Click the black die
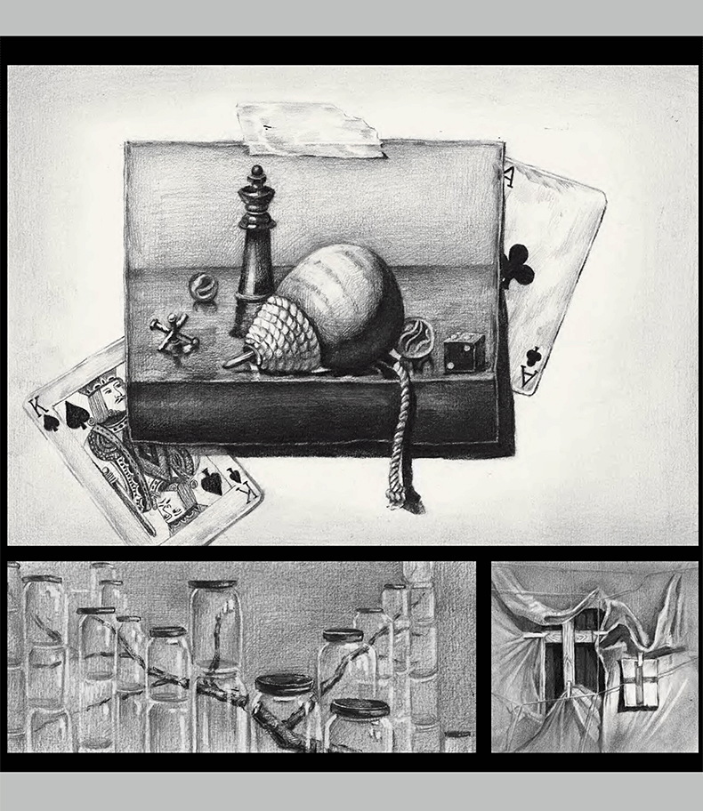pos(465,353)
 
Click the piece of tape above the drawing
pos(311,129)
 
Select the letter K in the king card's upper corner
pos(38,407)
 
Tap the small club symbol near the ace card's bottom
pos(531,356)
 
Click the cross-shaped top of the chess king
pos(255,173)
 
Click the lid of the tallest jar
pos(213,584)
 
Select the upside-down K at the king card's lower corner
pos(249,493)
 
